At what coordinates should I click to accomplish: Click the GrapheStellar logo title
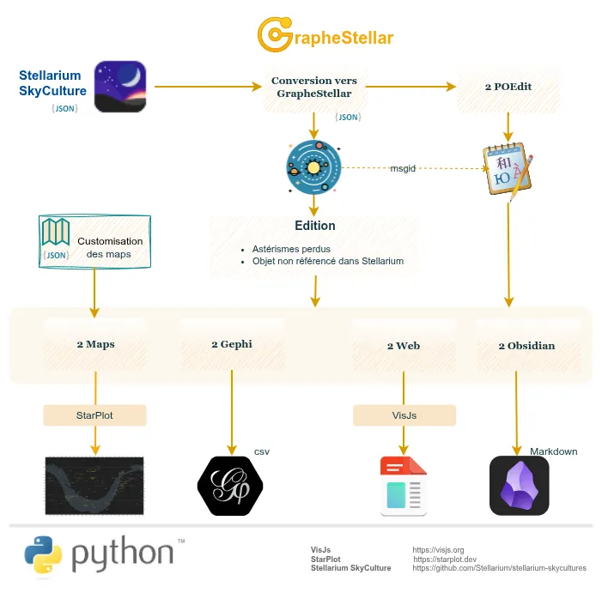tap(325, 35)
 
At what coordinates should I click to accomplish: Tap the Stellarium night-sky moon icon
tap(119, 87)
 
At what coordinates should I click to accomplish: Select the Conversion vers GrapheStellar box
tap(314, 87)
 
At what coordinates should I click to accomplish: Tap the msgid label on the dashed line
tap(403, 169)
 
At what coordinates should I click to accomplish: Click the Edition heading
tap(314, 226)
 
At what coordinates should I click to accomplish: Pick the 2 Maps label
tap(94, 344)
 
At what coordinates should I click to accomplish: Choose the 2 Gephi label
tap(231, 344)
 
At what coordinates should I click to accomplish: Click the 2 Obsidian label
tap(526, 346)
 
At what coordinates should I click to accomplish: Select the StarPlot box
tap(94, 415)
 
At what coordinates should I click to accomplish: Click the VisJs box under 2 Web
tap(404, 415)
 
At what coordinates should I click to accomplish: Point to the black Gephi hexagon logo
tap(230, 486)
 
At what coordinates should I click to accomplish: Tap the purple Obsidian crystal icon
tap(519, 486)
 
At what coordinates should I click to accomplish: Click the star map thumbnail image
tap(94, 486)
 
